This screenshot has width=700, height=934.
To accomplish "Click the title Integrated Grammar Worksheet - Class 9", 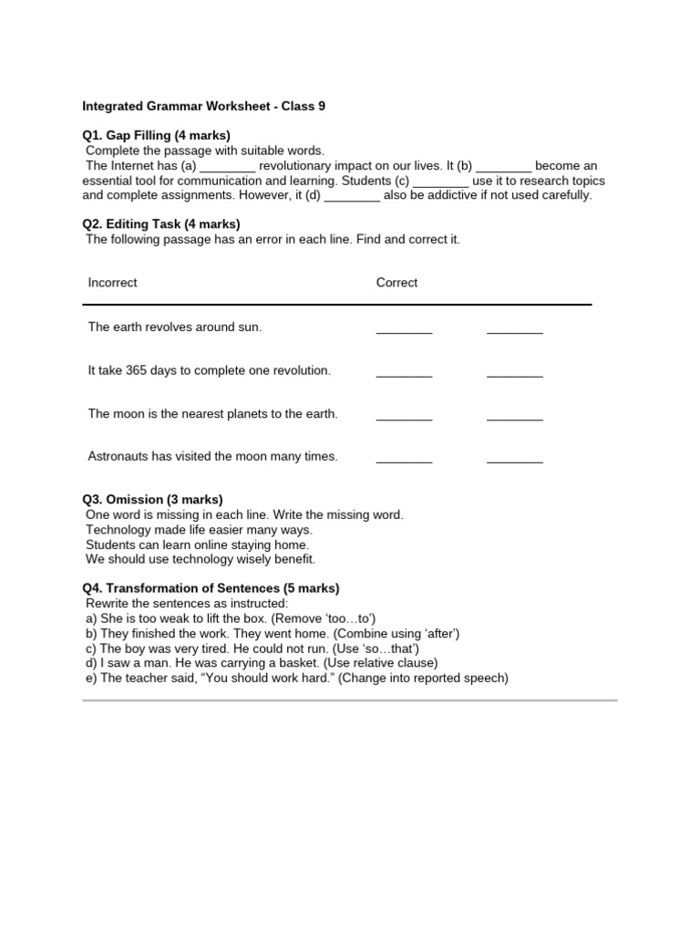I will (203, 106).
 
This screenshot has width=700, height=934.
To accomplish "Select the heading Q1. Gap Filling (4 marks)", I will (156, 135).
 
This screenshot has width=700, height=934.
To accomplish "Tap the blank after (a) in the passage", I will (227, 166).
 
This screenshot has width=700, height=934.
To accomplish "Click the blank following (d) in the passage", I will (352, 195).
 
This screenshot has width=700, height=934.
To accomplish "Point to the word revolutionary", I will (303, 165).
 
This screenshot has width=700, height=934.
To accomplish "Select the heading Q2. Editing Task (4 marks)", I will (161, 223).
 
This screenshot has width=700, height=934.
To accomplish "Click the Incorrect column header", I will (112, 283).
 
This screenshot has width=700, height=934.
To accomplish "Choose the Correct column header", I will (396, 283).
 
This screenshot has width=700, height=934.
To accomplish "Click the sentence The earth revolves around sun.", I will (174, 327).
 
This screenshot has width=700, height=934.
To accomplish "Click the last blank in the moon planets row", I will (514, 418).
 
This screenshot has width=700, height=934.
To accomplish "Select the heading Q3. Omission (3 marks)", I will (152, 500).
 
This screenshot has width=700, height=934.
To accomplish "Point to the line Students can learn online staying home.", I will (197, 545).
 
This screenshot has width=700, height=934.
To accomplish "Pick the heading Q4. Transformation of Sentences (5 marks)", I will (211, 588).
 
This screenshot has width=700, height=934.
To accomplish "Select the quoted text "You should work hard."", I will (264, 678).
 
